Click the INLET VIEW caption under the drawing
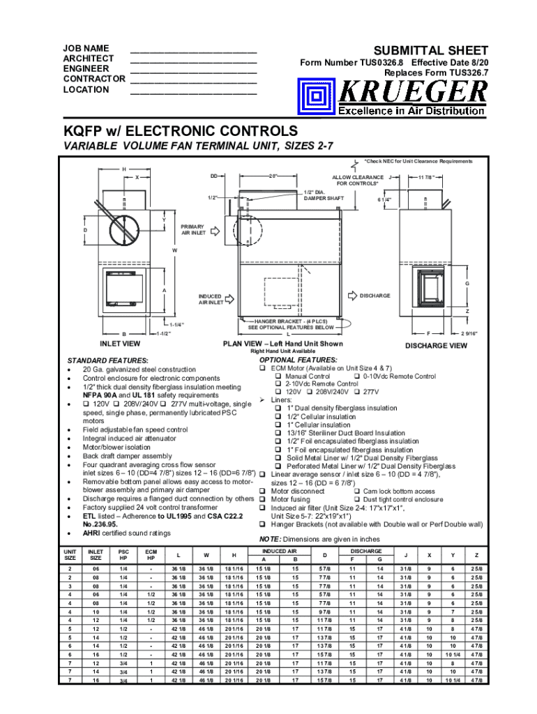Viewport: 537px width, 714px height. (x=121, y=343)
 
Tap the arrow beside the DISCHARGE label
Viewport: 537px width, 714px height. (x=349, y=296)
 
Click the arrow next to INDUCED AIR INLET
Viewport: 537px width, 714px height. (x=235, y=300)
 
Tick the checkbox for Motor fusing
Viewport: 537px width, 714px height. (x=263, y=499)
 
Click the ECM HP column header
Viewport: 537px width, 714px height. (x=150, y=555)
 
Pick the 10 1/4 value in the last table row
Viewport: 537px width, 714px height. (x=453, y=680)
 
